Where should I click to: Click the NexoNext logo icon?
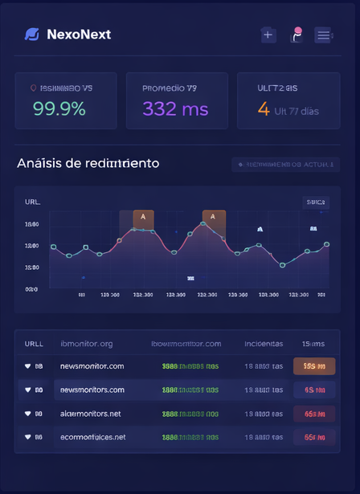(32, 35)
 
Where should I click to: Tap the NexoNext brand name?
(79, 35)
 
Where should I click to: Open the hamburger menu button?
(323, 35)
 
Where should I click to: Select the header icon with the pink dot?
(296, 35)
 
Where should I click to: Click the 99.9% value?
(59, 109)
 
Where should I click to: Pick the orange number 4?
(263, 109)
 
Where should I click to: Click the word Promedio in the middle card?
(162, 88)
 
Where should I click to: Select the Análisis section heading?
(88, 163)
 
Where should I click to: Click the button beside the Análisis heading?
(285, 165)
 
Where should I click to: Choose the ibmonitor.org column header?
(87, 344)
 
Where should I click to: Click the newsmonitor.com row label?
(92, 366)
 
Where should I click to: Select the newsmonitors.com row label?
(92, 390)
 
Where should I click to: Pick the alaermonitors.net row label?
(90, 414)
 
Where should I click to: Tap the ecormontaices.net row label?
(92, 437)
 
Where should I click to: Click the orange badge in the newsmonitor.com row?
(313, 366)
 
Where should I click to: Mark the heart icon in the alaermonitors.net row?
(28, 414)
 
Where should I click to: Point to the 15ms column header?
(313, 344)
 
